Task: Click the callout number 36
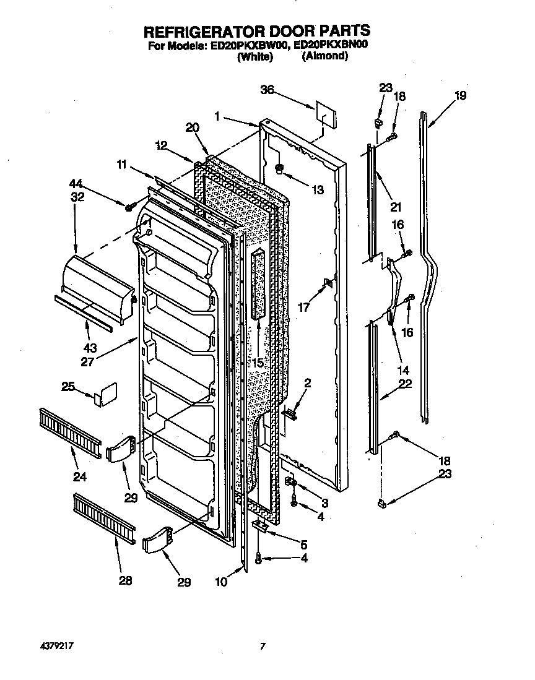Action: tap(267, 90)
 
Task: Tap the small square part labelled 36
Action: tap(326, 114)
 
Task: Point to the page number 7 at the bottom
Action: tap(263, 647)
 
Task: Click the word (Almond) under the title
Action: tap(325, 56)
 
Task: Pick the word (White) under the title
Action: tap(255, 56)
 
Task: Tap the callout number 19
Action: tap(459, 96)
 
